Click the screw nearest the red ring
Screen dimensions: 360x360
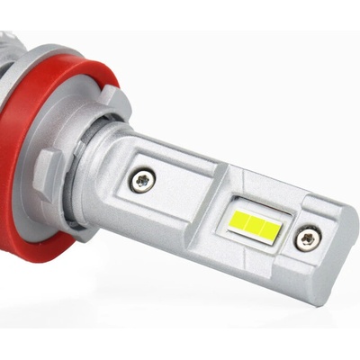141,180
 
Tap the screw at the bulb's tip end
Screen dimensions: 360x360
310,238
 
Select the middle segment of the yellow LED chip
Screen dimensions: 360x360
251,220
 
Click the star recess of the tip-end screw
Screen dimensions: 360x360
310,238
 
